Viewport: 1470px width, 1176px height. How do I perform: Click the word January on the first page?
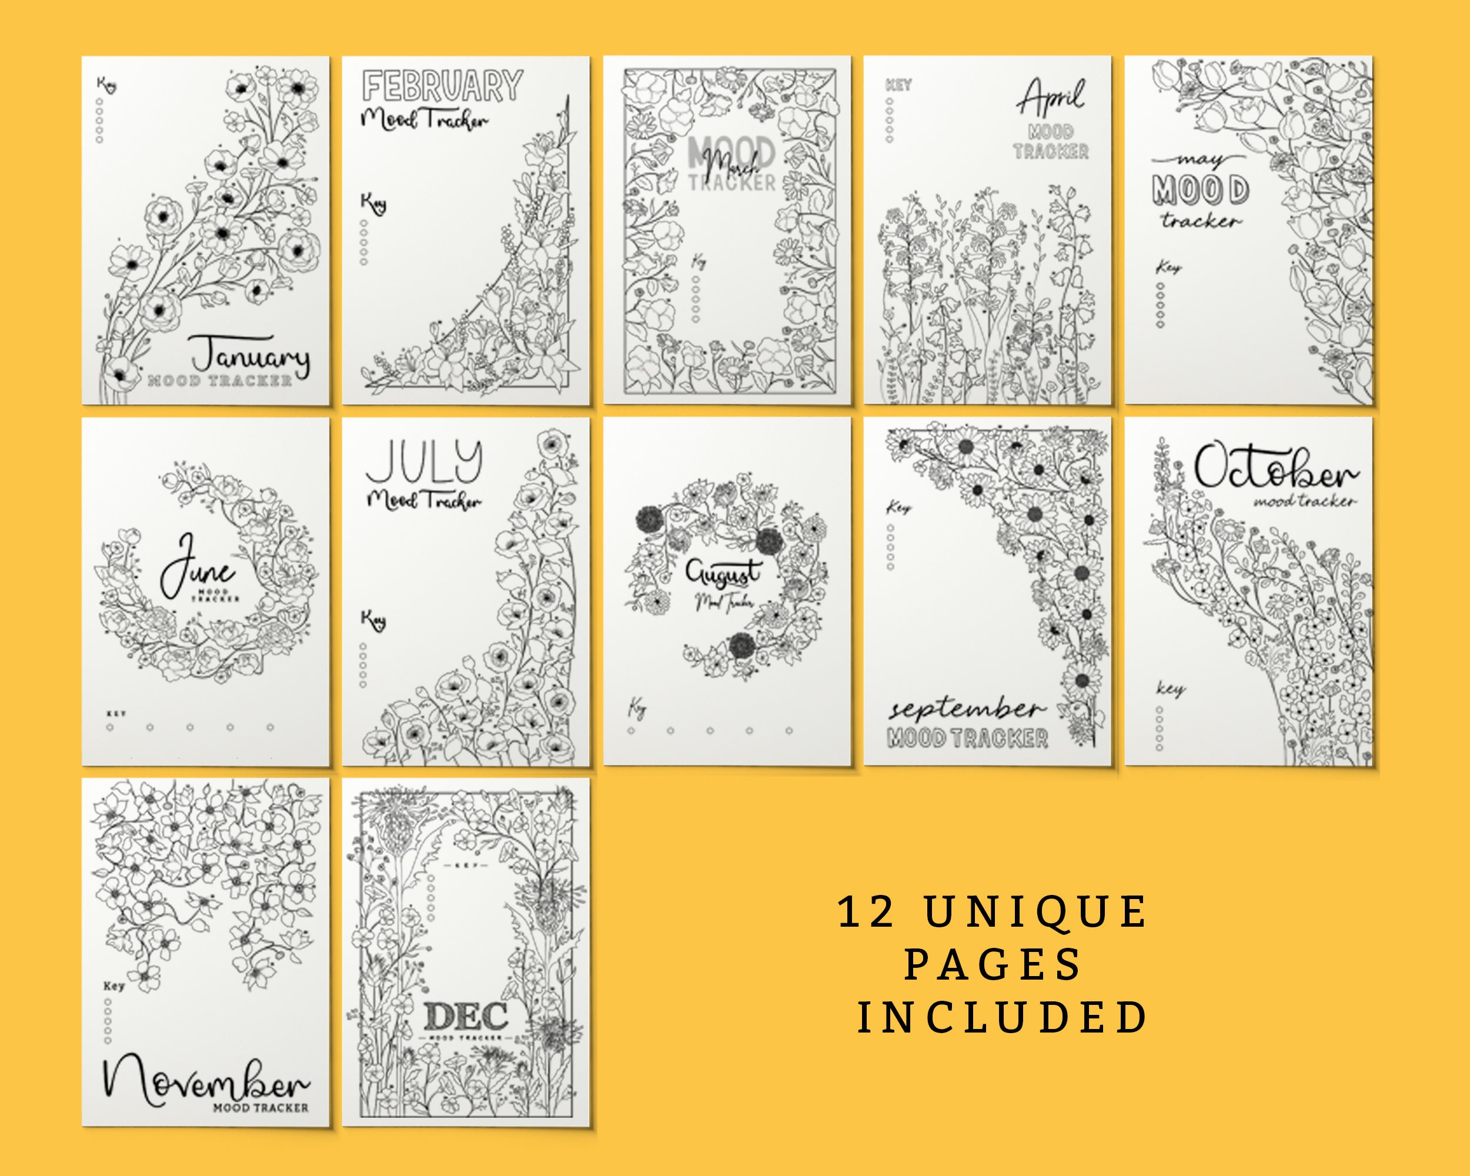pyautogui.click(x=250, y=355)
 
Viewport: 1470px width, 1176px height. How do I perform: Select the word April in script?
pyautogui.click(x=1051, y=98)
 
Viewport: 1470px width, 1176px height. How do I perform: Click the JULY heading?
pyautogui.click(x=424, y=462)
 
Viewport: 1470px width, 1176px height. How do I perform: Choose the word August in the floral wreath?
pyautogui.click(x=723, y=573)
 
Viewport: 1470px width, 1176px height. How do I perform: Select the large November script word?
pyautogui.click(x=206, y=1079)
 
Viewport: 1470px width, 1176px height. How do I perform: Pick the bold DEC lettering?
pyautogui.click(x=466, y=1017)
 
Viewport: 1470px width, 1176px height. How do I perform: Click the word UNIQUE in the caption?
pyautogui.click(x=1037, y=912)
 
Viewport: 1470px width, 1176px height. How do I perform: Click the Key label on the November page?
pyautogui.click(x=114, y=986)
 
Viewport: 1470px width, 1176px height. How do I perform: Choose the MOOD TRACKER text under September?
pyautogui.click(x=967, y=739)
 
